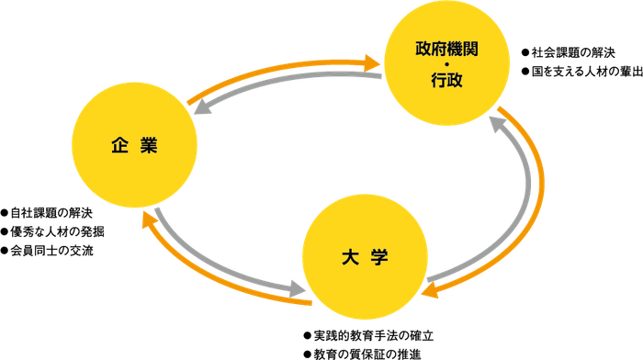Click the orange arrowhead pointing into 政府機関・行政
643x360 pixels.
(x=372, y=62)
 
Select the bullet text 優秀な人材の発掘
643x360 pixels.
(x=56, y=231)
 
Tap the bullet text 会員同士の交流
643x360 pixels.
(x=51, y=250)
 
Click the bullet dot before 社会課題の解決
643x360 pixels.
(x=525, y=51)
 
